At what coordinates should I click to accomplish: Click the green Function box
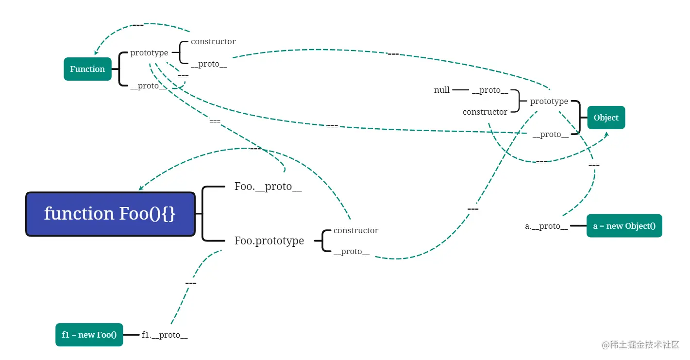tap(87, 69)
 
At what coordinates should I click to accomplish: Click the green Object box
tap(606, 118)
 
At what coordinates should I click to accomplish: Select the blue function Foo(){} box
tap(110, 214)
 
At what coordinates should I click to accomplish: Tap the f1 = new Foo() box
tap(89, 335)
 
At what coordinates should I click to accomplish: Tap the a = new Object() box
tap(624, 226)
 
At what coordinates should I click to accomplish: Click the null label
tap(441, 90)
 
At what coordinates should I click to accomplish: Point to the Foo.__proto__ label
tap(268, 187)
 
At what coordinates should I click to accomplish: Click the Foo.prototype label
tap(269, 240)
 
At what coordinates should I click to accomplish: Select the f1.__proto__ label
tap(165, 335)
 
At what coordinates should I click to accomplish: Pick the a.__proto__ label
tap(546, 226)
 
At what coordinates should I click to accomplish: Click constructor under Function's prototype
tap(213, 42)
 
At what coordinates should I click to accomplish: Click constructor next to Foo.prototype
tap(356, 230)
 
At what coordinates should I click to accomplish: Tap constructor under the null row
tap(485, 112)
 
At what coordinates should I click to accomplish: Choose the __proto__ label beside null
tap(490, 90)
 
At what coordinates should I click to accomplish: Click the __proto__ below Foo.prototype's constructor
tap(352, 252)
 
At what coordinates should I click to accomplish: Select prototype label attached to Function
tap(149, 53)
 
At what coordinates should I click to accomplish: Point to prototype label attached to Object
tap(549, 102)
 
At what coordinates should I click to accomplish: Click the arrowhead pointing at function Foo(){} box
tap(141, 188)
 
